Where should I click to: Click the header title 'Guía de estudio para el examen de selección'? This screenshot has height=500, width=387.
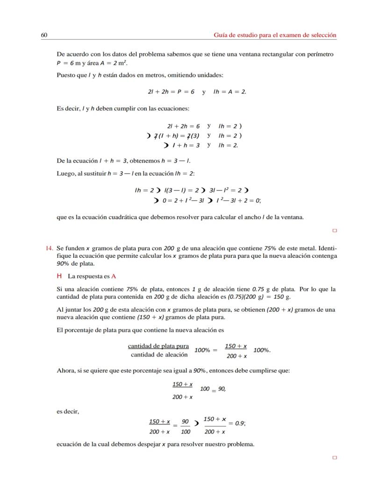275,35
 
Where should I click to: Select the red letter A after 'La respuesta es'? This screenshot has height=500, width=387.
114,276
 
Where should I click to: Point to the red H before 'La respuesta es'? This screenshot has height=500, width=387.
59,276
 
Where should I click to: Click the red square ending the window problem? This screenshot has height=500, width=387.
334,230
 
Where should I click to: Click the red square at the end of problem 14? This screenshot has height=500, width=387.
334,458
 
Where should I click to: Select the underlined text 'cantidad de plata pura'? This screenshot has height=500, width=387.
158,346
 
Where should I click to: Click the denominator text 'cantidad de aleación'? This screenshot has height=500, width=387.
159,355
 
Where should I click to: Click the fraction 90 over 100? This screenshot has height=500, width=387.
185,427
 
